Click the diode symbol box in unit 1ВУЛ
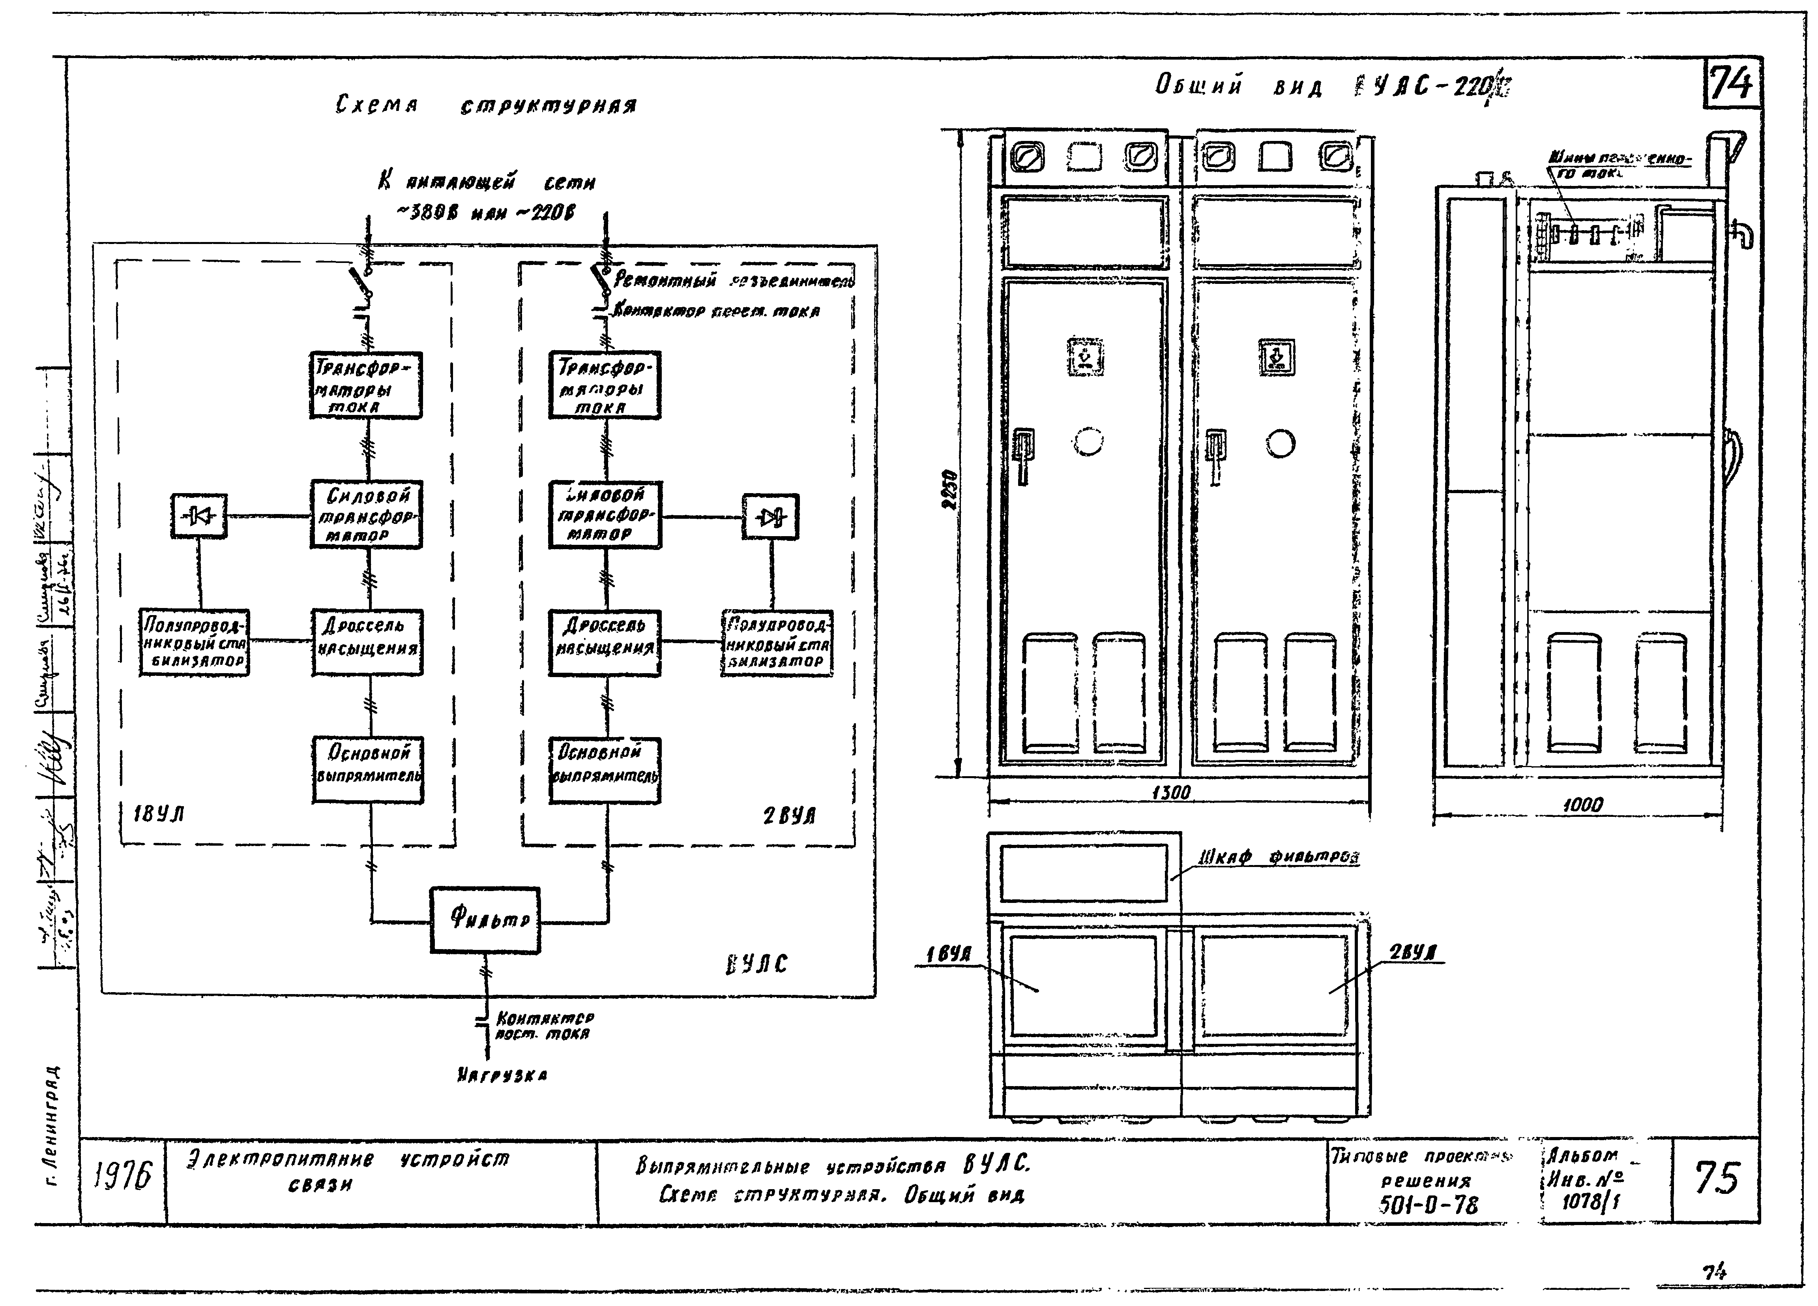pos(199,516)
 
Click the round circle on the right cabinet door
pos(1280,443)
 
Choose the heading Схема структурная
pos(486,105)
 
